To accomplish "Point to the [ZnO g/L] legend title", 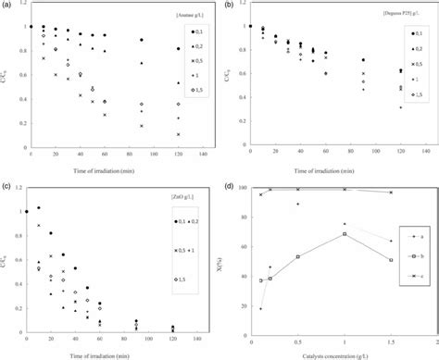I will tap(182, 197).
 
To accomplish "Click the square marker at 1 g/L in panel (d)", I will tap(345, 234).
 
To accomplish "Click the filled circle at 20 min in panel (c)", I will tap(50, 233).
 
